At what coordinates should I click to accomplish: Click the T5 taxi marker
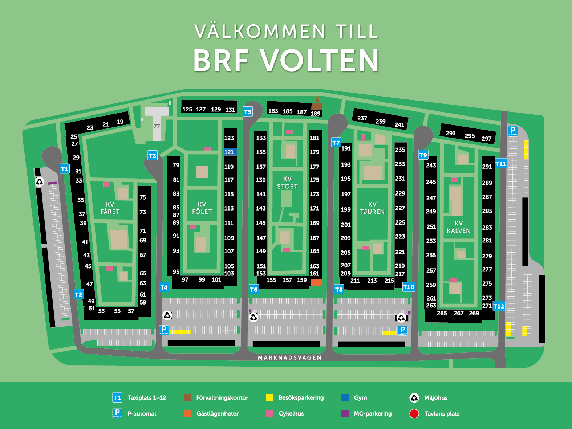point(247,112)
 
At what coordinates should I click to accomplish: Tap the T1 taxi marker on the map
point(65,169)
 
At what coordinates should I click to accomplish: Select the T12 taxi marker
point(499,306)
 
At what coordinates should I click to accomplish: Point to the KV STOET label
point(287,183)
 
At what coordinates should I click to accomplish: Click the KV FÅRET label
point(110,208)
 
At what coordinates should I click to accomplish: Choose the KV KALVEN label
point(458,227)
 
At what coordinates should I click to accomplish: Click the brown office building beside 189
point(317,107)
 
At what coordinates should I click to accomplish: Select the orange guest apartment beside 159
point(316,282)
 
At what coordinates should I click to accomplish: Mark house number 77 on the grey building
point(157,126)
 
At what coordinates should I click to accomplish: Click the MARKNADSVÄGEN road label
point(289,357)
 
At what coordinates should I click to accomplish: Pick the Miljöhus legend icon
point(414,398)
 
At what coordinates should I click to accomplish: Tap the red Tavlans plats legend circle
point(414,414)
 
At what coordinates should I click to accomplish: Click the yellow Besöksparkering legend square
point(269,397)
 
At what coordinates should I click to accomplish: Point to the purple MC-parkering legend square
point(345,413)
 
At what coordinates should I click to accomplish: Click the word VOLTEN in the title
point(320,61)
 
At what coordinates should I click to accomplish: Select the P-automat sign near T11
point(513,131)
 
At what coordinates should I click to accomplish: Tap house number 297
point(486,139)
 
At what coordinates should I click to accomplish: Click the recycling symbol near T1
point(39,181)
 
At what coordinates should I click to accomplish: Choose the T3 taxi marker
point(153,156)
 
